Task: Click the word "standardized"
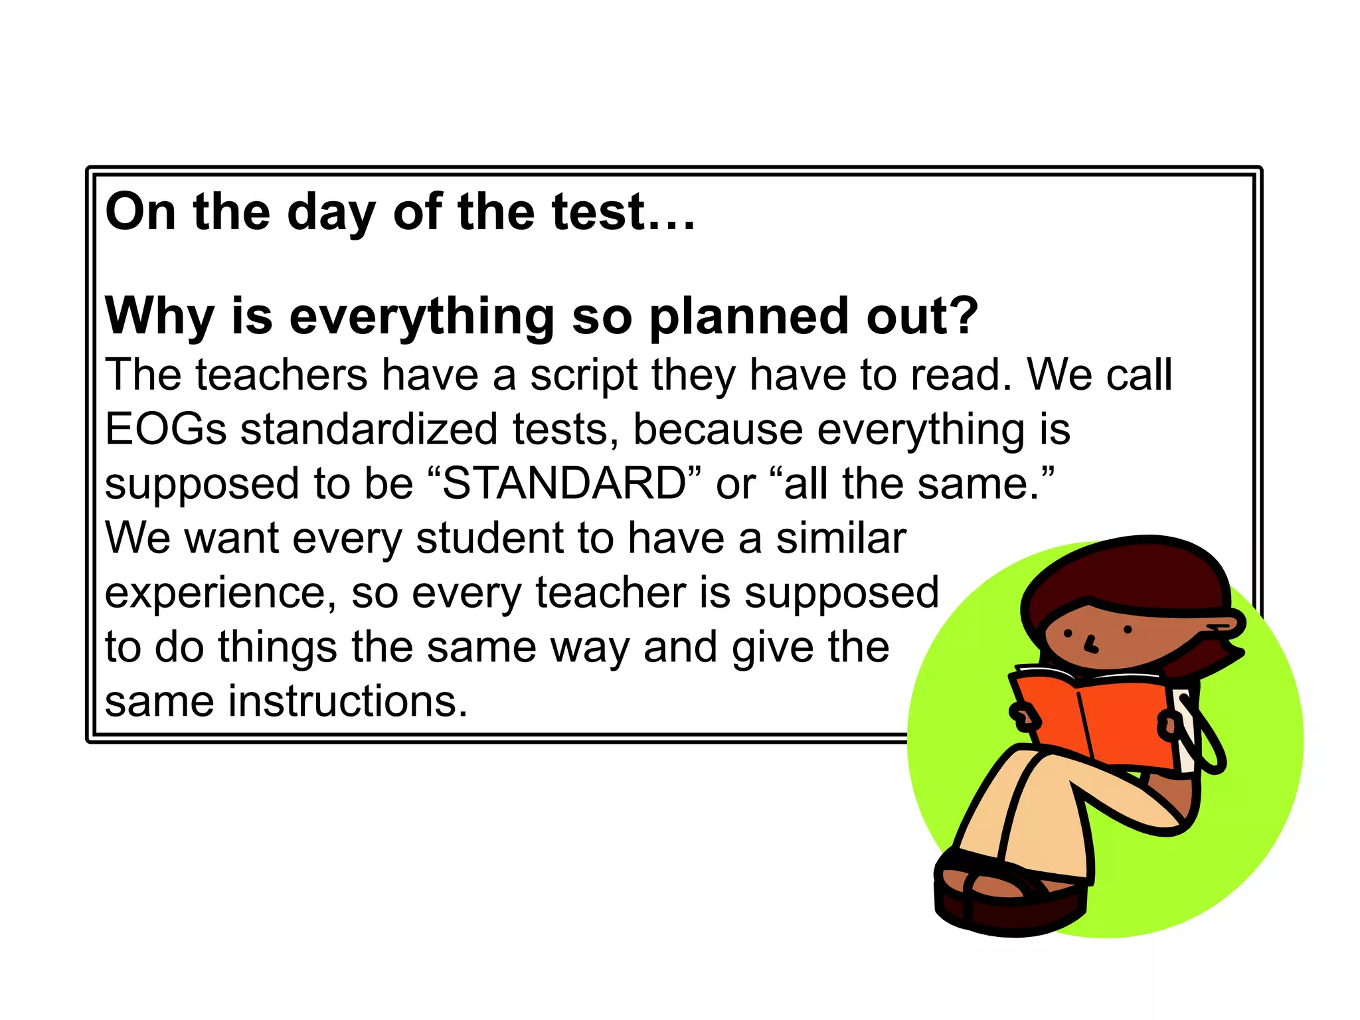[369, 429]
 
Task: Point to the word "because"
[718, 429]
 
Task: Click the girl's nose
[1090, 643]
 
